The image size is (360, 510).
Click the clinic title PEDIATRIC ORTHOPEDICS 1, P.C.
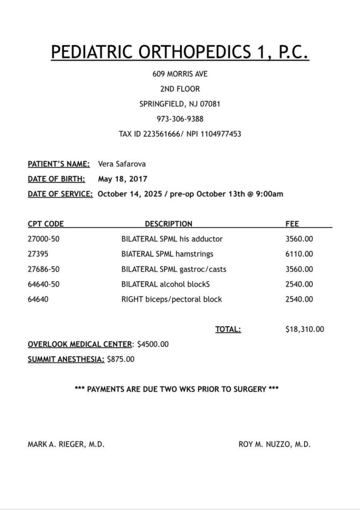(x=180, y=52)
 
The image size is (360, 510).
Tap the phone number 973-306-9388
(x=180, y=119)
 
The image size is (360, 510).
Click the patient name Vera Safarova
(x=121, y=164)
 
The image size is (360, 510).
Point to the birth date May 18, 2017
(x=123, y=179)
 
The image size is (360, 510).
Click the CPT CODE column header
(x=46, y=224)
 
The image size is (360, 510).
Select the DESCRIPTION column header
(x=168, y=224)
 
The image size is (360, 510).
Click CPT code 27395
(x=38, y=254)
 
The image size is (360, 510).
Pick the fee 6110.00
(x=299, y=254)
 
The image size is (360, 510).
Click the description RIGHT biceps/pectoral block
(x=171, y=299)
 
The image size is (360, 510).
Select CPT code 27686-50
(x=44, y=269)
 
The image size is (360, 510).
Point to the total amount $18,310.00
(x=305, y=330)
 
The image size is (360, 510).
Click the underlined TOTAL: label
(x=228, y=330)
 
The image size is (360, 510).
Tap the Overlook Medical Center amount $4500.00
(x=153, y=344)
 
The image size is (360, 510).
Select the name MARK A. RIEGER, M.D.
(x=66, y=445)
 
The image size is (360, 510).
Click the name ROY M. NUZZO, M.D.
(x=275, y=445)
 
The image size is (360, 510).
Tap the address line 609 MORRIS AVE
(x=180, y=74)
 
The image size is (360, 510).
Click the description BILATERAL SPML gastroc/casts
(x=174, y=269)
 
